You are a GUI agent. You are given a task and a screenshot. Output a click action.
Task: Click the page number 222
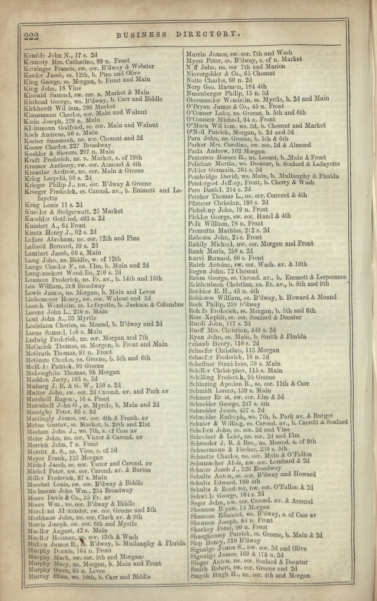pos(31,36)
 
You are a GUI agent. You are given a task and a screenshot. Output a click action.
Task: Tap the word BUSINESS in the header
pos(141,35)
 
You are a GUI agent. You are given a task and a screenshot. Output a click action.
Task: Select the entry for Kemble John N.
pos(61,54)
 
